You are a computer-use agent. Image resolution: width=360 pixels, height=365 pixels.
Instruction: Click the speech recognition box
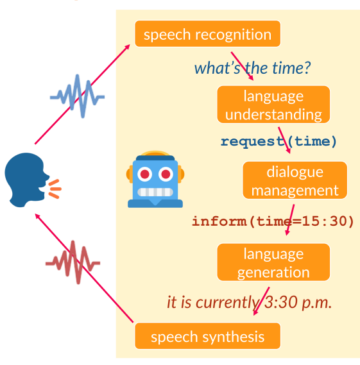[207, 34]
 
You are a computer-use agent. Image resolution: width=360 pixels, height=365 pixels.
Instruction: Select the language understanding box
[273, 105]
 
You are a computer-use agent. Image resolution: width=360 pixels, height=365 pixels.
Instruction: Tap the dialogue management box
[295, 180]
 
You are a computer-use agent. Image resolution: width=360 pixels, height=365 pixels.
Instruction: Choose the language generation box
[273, 262]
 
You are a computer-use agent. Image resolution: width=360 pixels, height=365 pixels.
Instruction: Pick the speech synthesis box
[207, 336]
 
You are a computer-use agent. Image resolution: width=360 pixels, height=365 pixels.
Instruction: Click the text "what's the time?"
[252, 68]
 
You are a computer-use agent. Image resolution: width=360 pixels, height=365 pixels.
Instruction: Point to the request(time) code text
[279, 141]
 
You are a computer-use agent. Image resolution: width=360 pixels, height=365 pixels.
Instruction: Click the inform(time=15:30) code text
[273, 221]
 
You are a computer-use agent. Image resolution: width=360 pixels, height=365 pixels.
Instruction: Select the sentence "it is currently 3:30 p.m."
[249, 302]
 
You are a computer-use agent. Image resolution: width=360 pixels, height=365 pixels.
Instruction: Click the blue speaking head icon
[26, 179]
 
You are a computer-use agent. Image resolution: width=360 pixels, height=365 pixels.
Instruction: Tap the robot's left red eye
[145, 174]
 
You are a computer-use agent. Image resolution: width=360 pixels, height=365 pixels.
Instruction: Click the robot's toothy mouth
[155, 192]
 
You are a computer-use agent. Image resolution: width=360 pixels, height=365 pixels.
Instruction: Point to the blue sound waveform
[77, 96]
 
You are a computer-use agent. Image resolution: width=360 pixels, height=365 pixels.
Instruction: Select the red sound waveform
[73, 262]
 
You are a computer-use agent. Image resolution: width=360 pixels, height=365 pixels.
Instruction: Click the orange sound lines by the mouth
[55, 189]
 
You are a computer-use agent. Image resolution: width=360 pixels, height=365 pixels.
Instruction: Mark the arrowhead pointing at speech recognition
[128, 46]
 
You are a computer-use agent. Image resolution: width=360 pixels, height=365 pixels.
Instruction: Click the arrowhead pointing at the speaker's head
[37, 216]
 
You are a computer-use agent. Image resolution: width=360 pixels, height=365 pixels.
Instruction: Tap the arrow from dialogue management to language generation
[290, 220]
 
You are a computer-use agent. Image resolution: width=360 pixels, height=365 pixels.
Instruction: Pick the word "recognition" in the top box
[234, 35]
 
